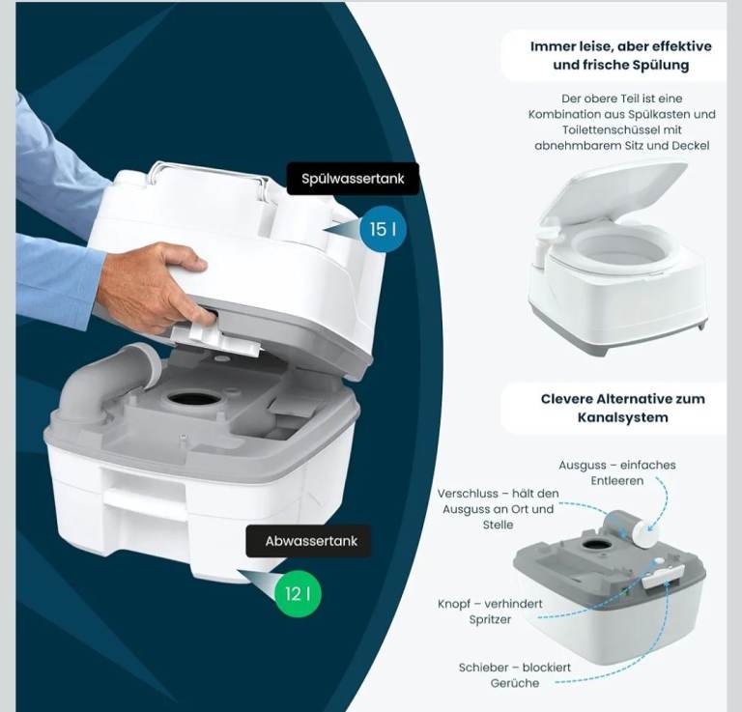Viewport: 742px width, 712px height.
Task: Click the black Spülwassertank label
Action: coord(353,179)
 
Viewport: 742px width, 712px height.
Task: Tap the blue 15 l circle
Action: coord(383,230)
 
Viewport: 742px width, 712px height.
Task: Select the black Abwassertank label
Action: coord(308,541)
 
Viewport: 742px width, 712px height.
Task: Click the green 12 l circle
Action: coord(298,594)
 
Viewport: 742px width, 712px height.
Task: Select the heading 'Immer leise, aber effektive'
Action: coord(621,46)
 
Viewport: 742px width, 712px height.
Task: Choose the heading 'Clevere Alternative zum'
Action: coord(623,399)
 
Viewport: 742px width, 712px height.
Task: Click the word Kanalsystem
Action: coord(623,417)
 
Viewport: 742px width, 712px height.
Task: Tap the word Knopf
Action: coord(454,604)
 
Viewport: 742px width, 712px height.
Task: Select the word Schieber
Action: coord(481,668)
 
